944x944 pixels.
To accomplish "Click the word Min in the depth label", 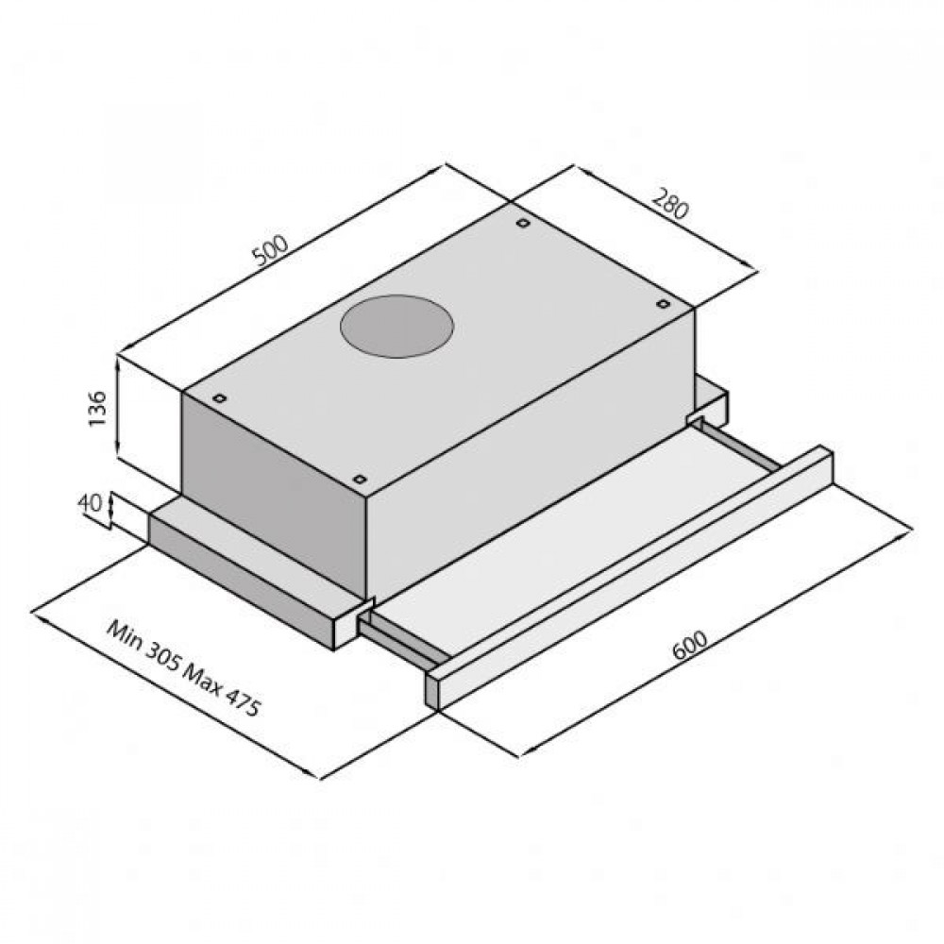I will tap(125, 635).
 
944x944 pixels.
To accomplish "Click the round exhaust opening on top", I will tap(396, 329).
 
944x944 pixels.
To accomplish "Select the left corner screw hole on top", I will tap(218, 398).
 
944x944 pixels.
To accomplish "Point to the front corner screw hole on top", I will tap(360, 478).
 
